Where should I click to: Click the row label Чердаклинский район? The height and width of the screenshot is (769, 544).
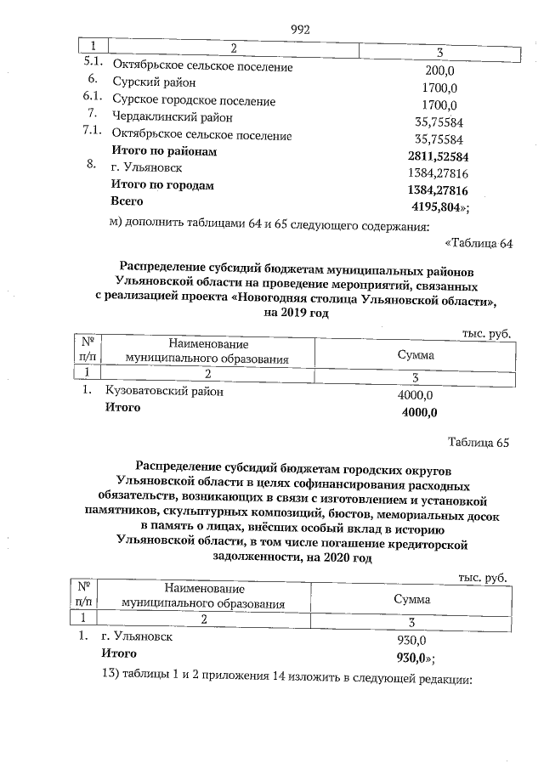click(173, 117)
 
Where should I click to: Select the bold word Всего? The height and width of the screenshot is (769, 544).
click(127, 201)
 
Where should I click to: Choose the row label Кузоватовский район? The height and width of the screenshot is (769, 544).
click(166, 393)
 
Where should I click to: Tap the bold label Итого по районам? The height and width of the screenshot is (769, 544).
click(165, 151)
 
